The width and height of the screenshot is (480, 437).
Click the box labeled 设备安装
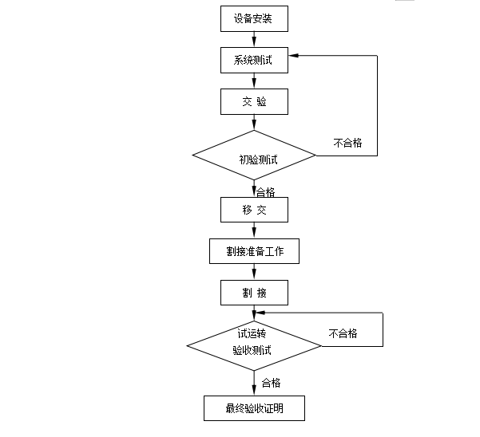click(x=253, y=18)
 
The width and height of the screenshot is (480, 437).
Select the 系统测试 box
click(x=253, y=60)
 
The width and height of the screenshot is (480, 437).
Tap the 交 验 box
click(x=253, y=101)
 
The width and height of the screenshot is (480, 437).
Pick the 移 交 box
click(x=253, y=210)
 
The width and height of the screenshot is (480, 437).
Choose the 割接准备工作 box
click(x=254, y=252)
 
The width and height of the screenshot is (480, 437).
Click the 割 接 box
click(x=253, y=293)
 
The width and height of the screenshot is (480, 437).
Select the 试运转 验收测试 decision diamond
click(x=253, y=344)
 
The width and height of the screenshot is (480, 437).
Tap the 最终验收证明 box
click(x=254, y=408)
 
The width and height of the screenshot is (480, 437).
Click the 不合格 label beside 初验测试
click(x=347, y=143)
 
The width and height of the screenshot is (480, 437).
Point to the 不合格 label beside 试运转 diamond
click(x=343, y=333)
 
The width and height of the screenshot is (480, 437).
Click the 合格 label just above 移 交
click(x=266, y=191)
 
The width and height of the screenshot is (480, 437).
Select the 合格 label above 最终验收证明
click(x=271, y=383)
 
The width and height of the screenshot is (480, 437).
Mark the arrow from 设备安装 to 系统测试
click(x=254, y=38)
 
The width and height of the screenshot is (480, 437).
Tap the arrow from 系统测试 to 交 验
click(x=254, y=81)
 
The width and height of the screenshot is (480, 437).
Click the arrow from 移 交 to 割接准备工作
click(x=254, y=230)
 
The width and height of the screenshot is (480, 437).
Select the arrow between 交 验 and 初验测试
click(x=254, y=123)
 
